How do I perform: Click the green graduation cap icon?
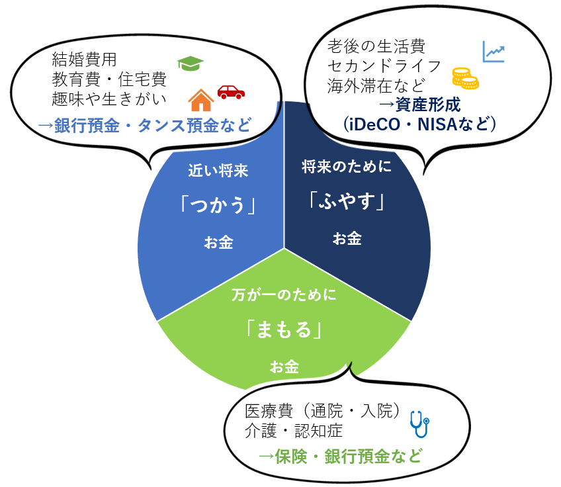[191, 63]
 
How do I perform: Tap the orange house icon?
[201, 101]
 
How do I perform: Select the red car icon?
[231, 91]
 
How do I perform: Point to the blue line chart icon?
[494, 52]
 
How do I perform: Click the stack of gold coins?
[465, 78]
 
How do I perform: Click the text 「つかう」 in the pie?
[218, 206]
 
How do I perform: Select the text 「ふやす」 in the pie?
[347, 200]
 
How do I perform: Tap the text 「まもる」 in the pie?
[284, 329]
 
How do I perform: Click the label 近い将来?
[218, 171]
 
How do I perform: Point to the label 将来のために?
[347, 166]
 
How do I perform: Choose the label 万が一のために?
[284, 294]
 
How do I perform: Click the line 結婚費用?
[84, 59]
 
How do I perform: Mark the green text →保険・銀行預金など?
[340, 456]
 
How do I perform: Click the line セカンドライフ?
[384, 66]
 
